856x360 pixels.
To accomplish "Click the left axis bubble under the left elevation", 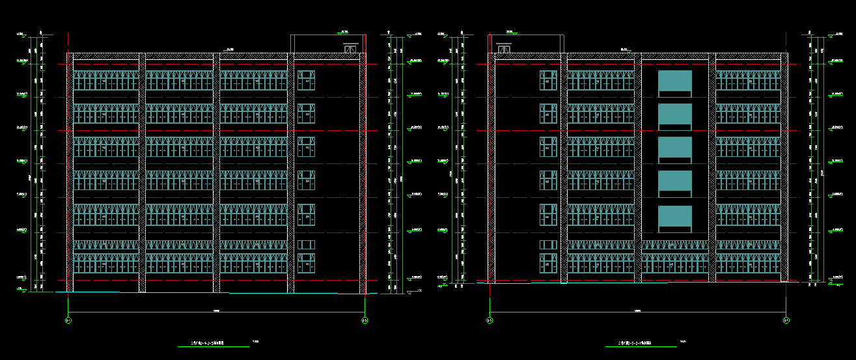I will pyautogui.click(x=68, y=320).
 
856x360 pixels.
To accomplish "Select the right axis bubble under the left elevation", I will pyautogui.click(x=365, y=320).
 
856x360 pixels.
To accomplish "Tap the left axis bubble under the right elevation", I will pyautogui.click(x=490, y=320).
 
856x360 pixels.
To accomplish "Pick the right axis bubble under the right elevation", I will pyautogui.click(x=786, y=320).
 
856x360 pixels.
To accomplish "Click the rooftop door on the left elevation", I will pyautogui.click(x=351, y=48).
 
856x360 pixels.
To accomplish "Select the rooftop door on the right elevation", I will pyautogui.click(x=503, y=48).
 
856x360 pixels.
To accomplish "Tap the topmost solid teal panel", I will pyautogui.click(x=674, y=81).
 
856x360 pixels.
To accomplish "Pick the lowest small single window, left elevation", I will pyautogui.click(x=306, y=263).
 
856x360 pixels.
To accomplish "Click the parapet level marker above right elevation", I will pyautogui.click(x=624, y=49).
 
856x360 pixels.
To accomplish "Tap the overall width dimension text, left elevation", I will pyautogui.click(x=217, y=312).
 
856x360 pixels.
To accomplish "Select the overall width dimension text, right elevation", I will pyautogui.click(x=637, y=312).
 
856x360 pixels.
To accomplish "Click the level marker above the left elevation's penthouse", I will pyautogui.click(x=344, y=31).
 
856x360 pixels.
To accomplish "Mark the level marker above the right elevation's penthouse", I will pyautogui.click(x=510, y=31).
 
